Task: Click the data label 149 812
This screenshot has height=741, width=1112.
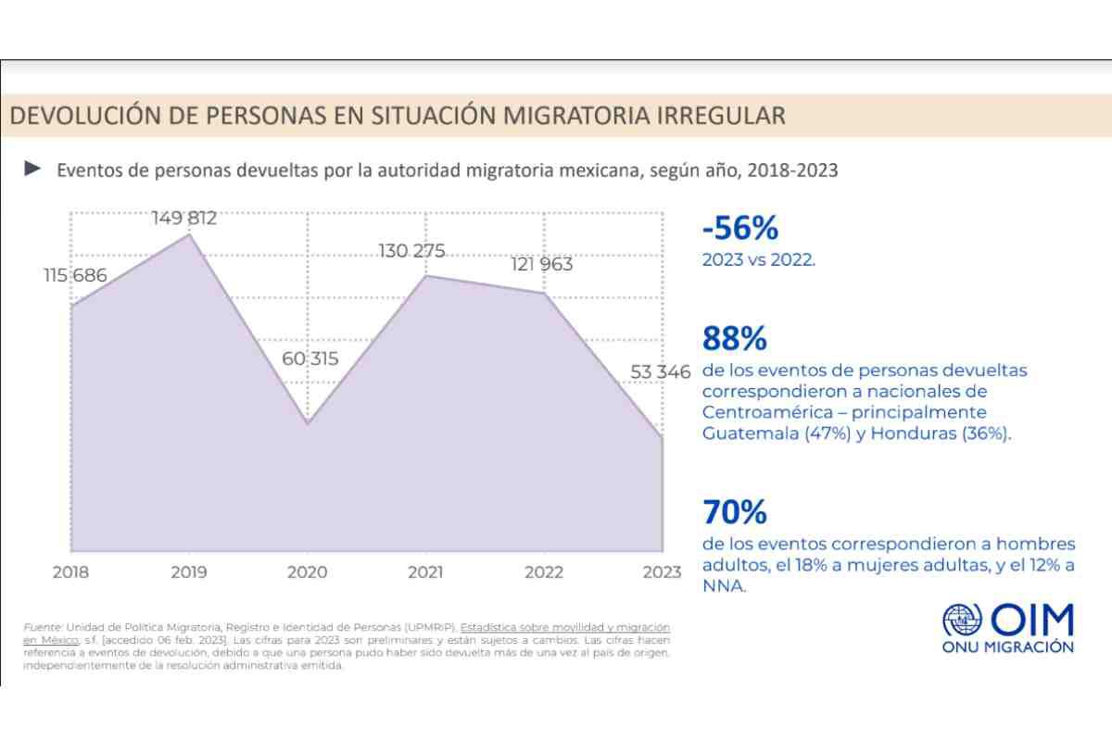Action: coord(184,219)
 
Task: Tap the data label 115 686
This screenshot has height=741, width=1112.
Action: coord(74,275)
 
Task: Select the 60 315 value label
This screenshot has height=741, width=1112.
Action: coord(310,358)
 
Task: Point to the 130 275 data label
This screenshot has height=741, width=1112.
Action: coord(412,251)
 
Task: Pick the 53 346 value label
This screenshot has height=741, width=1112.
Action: coord(661,372)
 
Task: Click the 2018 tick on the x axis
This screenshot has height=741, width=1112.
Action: coord(70,572)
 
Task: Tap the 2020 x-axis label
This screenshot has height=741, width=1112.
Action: coord(308,572)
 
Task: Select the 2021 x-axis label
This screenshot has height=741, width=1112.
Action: coord(426,572)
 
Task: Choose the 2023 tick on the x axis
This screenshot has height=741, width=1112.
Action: coord(661,572)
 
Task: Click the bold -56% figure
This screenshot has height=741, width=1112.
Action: coord(739,228)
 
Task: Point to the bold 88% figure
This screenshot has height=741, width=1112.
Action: coord(735,338)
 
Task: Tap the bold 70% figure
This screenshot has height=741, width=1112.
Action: coord(735,511)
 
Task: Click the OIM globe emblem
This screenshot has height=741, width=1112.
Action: coord(962,619)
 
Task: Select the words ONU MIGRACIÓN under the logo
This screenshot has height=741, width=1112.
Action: coord(1007,647)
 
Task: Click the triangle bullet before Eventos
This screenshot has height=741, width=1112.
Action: coord(33,169)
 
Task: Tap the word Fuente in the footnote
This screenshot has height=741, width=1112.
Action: coord(42,628)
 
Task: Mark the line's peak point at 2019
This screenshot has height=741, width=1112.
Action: coord(189,234)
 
